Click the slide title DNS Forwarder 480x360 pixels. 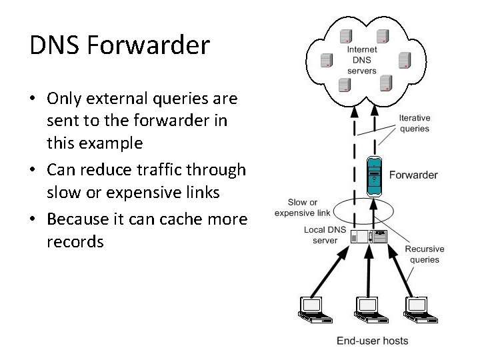119,45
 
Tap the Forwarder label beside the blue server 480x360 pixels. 413,175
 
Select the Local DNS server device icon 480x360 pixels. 371,236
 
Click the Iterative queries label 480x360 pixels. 414,123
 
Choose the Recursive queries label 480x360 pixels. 425,254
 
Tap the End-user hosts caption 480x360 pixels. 372,341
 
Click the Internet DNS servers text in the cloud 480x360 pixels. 362,60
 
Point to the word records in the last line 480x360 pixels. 75,242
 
